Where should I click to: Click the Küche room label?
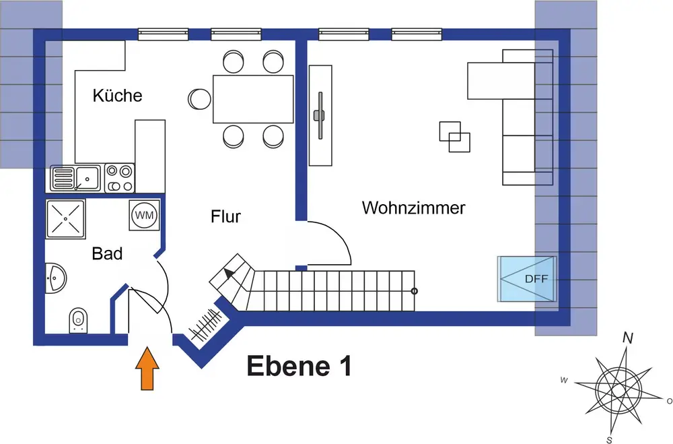(x=117, y=96)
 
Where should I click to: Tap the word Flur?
(x=225, y=217)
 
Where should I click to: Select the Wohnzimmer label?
(x=414, y=208)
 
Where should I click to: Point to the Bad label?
(x=107, y=253)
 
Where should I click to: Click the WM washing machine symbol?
(x=145, y=215)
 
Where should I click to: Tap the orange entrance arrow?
(x=147, y=369)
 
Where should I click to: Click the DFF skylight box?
(x=527, y=279)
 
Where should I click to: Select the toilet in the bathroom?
(x=78, y=320)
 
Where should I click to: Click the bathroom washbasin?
(x=55, y=278)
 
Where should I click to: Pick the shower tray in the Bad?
(x=66, y=219)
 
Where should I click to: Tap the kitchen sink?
(x=75, y=179)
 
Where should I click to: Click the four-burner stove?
(x=119, y=179)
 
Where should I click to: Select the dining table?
(x=253, y=99)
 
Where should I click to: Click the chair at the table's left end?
(x=199, y=99)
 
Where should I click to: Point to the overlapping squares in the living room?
(x=454, y=137)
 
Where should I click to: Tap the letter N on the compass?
(x=628, y=338)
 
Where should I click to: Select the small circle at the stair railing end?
(x=414, y=291)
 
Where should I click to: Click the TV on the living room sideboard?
(x=320, y=115)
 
